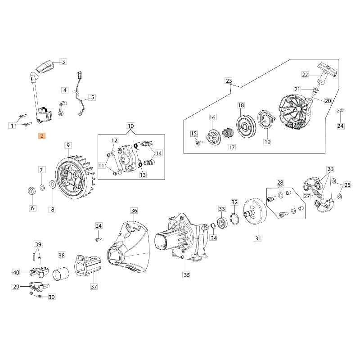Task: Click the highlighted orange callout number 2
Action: (x=41, y=135)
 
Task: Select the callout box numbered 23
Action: (x=229, y=81)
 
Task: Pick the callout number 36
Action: (x=134, y=211)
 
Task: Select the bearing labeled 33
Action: (x=222, y=222)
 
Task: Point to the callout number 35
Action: (x=187, y=274)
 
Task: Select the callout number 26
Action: (x=331, y=170)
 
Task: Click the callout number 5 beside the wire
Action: (x=92, y=97)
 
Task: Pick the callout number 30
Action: (x=51, y=297)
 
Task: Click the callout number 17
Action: (x=232, y=147)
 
